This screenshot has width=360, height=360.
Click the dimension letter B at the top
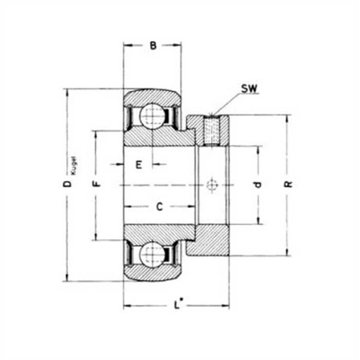pyautogui.click(x=153, y=47)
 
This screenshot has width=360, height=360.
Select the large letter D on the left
pyautogui.click(x=67, y=184)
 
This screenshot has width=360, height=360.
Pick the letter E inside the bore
pyautogui.click(x=139, y=165)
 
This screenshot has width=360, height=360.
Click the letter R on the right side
pyautogui.click(x=288, y=184)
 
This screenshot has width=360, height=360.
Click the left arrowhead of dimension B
pyautogui.click(x=127, y=47)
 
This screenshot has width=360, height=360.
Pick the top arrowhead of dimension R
pyautogui.click(x=288, y=117)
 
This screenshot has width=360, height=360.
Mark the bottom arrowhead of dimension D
pyautogui.click(x=67, y=278)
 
